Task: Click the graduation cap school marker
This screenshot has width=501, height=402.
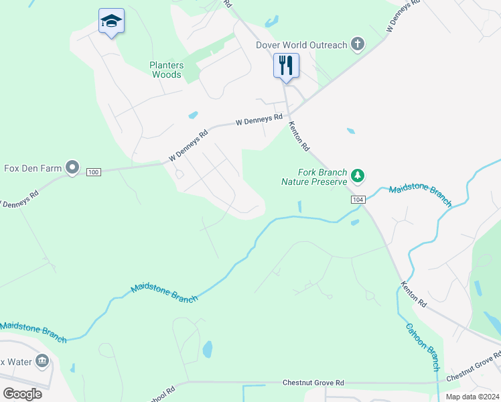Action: pos(111,21)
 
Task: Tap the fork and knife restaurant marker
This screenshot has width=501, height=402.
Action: pos(286,66)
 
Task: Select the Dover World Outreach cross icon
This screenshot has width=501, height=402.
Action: pos(358,45)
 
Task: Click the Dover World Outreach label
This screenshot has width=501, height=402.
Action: pos(302,46)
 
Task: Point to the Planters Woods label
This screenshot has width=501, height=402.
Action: pos(166,70)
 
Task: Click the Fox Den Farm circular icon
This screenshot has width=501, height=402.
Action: pos(72,167)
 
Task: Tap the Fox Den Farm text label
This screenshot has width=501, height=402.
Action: pos(33,168)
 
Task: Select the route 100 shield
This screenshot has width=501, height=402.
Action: pos(93,172)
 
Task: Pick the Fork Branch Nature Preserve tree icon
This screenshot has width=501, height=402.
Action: pos(358,176)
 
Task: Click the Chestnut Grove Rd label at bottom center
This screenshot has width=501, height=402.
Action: pos(313,382)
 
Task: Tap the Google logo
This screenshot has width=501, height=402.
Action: pos(22,394)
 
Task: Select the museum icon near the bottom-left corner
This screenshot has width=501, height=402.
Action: pos(42,362)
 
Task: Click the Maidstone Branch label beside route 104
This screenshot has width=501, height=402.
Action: pos(420,194)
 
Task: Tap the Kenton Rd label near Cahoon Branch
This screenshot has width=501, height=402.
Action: pos(413,294)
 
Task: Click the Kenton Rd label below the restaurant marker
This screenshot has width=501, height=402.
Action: pos(299,135)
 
